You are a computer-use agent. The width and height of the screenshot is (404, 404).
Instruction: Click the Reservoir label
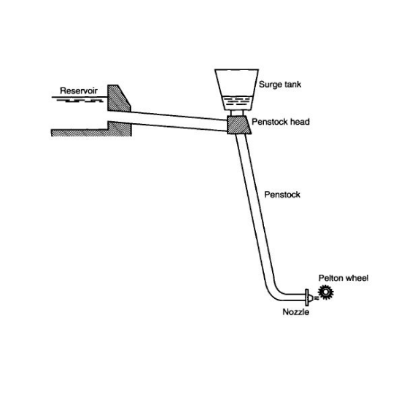(79, 90)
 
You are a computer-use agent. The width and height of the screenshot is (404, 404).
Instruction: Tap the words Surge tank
(280, 85)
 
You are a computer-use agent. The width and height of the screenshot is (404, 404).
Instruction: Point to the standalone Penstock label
(282, 195)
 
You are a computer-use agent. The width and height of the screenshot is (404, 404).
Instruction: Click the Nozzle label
(296, 312)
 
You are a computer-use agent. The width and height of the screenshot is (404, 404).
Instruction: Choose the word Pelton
(331, 278)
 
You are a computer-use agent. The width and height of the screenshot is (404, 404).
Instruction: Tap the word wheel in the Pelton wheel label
(357, 278)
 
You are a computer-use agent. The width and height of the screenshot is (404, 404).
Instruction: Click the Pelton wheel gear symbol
(326, 292)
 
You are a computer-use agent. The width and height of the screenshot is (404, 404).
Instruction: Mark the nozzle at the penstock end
(308, 298)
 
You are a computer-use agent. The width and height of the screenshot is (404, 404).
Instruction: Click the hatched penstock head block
(239, 125)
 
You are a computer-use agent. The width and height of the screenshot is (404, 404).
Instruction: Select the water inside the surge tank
(236, 103)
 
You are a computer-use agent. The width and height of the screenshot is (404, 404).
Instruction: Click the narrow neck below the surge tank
(237, 113)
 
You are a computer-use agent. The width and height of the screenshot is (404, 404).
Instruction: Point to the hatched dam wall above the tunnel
(117, 99)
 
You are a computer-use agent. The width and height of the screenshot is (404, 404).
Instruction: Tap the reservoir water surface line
(79, 97)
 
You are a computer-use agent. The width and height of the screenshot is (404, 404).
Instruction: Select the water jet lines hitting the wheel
(316, 298)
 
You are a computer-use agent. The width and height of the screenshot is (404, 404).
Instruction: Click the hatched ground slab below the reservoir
(91, 129)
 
